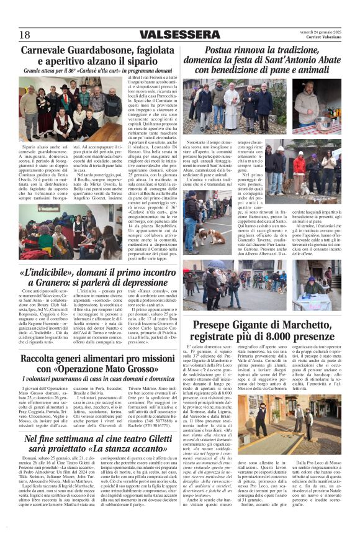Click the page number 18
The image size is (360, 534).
click(x=25, y=34)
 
